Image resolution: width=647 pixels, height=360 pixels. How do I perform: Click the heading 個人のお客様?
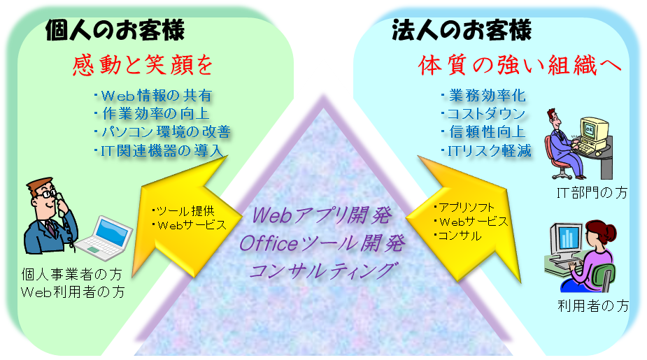115,30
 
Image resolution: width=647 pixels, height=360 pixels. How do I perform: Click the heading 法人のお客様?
462,30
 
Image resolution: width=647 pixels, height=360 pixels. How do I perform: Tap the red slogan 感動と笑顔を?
142,66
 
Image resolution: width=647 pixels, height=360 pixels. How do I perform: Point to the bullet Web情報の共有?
152,96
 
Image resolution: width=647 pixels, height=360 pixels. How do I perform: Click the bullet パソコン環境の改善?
162,131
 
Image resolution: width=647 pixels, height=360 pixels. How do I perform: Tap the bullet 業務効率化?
483,96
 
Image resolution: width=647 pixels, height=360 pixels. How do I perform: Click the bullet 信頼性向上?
483,132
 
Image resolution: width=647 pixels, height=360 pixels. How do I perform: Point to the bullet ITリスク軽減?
485,150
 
